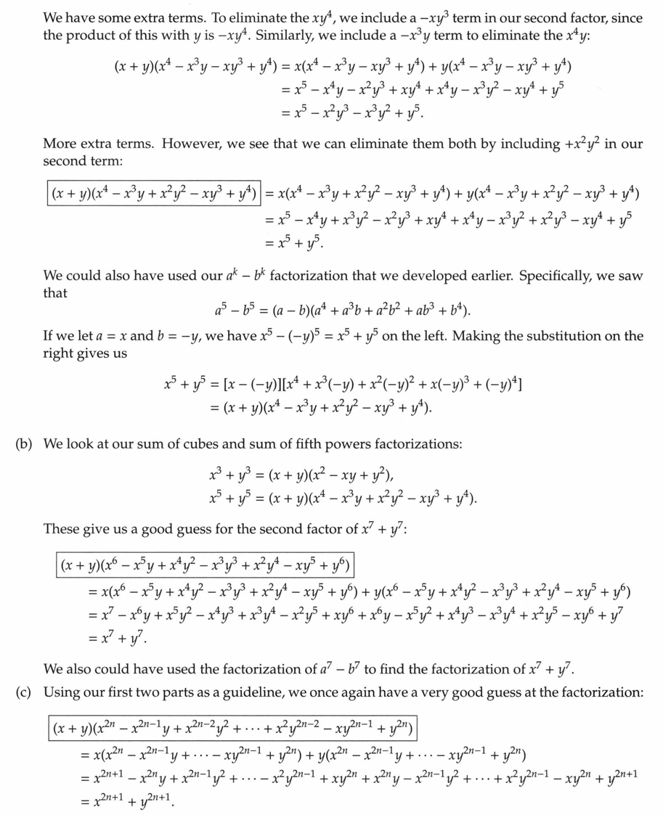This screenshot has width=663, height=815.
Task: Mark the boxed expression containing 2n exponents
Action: point(233,726)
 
